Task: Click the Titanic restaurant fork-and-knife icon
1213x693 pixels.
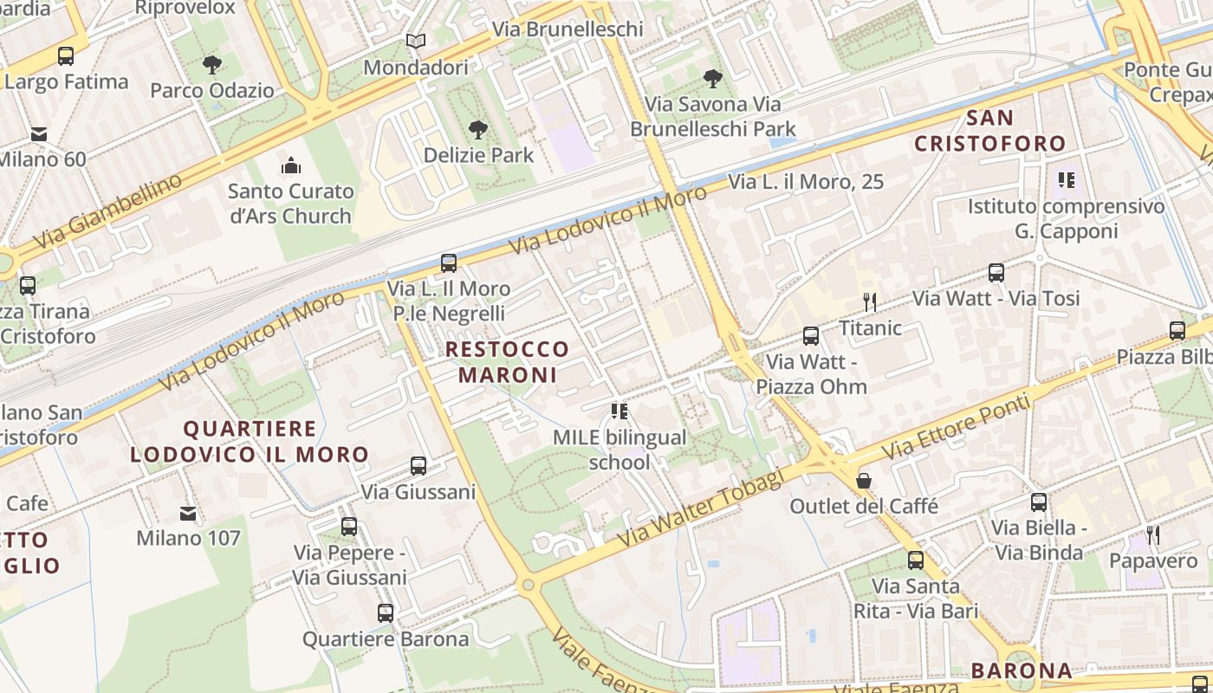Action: (870, 301)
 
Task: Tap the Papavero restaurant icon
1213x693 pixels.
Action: (1153, 534)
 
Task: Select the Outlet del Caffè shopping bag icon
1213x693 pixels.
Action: (864, 480)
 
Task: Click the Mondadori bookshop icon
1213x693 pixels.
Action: (416, 41)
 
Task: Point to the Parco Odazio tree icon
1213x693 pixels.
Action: (211, 64)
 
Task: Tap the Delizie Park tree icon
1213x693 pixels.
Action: (477, 130)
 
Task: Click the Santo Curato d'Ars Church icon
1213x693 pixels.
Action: (291, 165)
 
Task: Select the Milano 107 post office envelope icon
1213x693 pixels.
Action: (188, 513)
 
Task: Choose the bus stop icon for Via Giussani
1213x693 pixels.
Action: (418, 466)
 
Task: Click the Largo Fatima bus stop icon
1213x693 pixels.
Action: (66, 56)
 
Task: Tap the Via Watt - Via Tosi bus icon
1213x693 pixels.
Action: (996, 273)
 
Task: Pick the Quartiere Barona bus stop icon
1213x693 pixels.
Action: (386, 613)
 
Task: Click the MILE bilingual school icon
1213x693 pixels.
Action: (619, 411)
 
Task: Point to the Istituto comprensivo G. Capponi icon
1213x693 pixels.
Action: (1066, 180)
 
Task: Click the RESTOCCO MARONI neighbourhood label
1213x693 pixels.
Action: (507, 362)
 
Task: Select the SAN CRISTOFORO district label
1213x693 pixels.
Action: (989, 130)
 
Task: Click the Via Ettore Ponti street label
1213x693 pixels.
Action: (957, 428)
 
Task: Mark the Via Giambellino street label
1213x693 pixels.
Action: (109, 210)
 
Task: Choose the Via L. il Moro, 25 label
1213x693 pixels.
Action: (806, 182)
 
